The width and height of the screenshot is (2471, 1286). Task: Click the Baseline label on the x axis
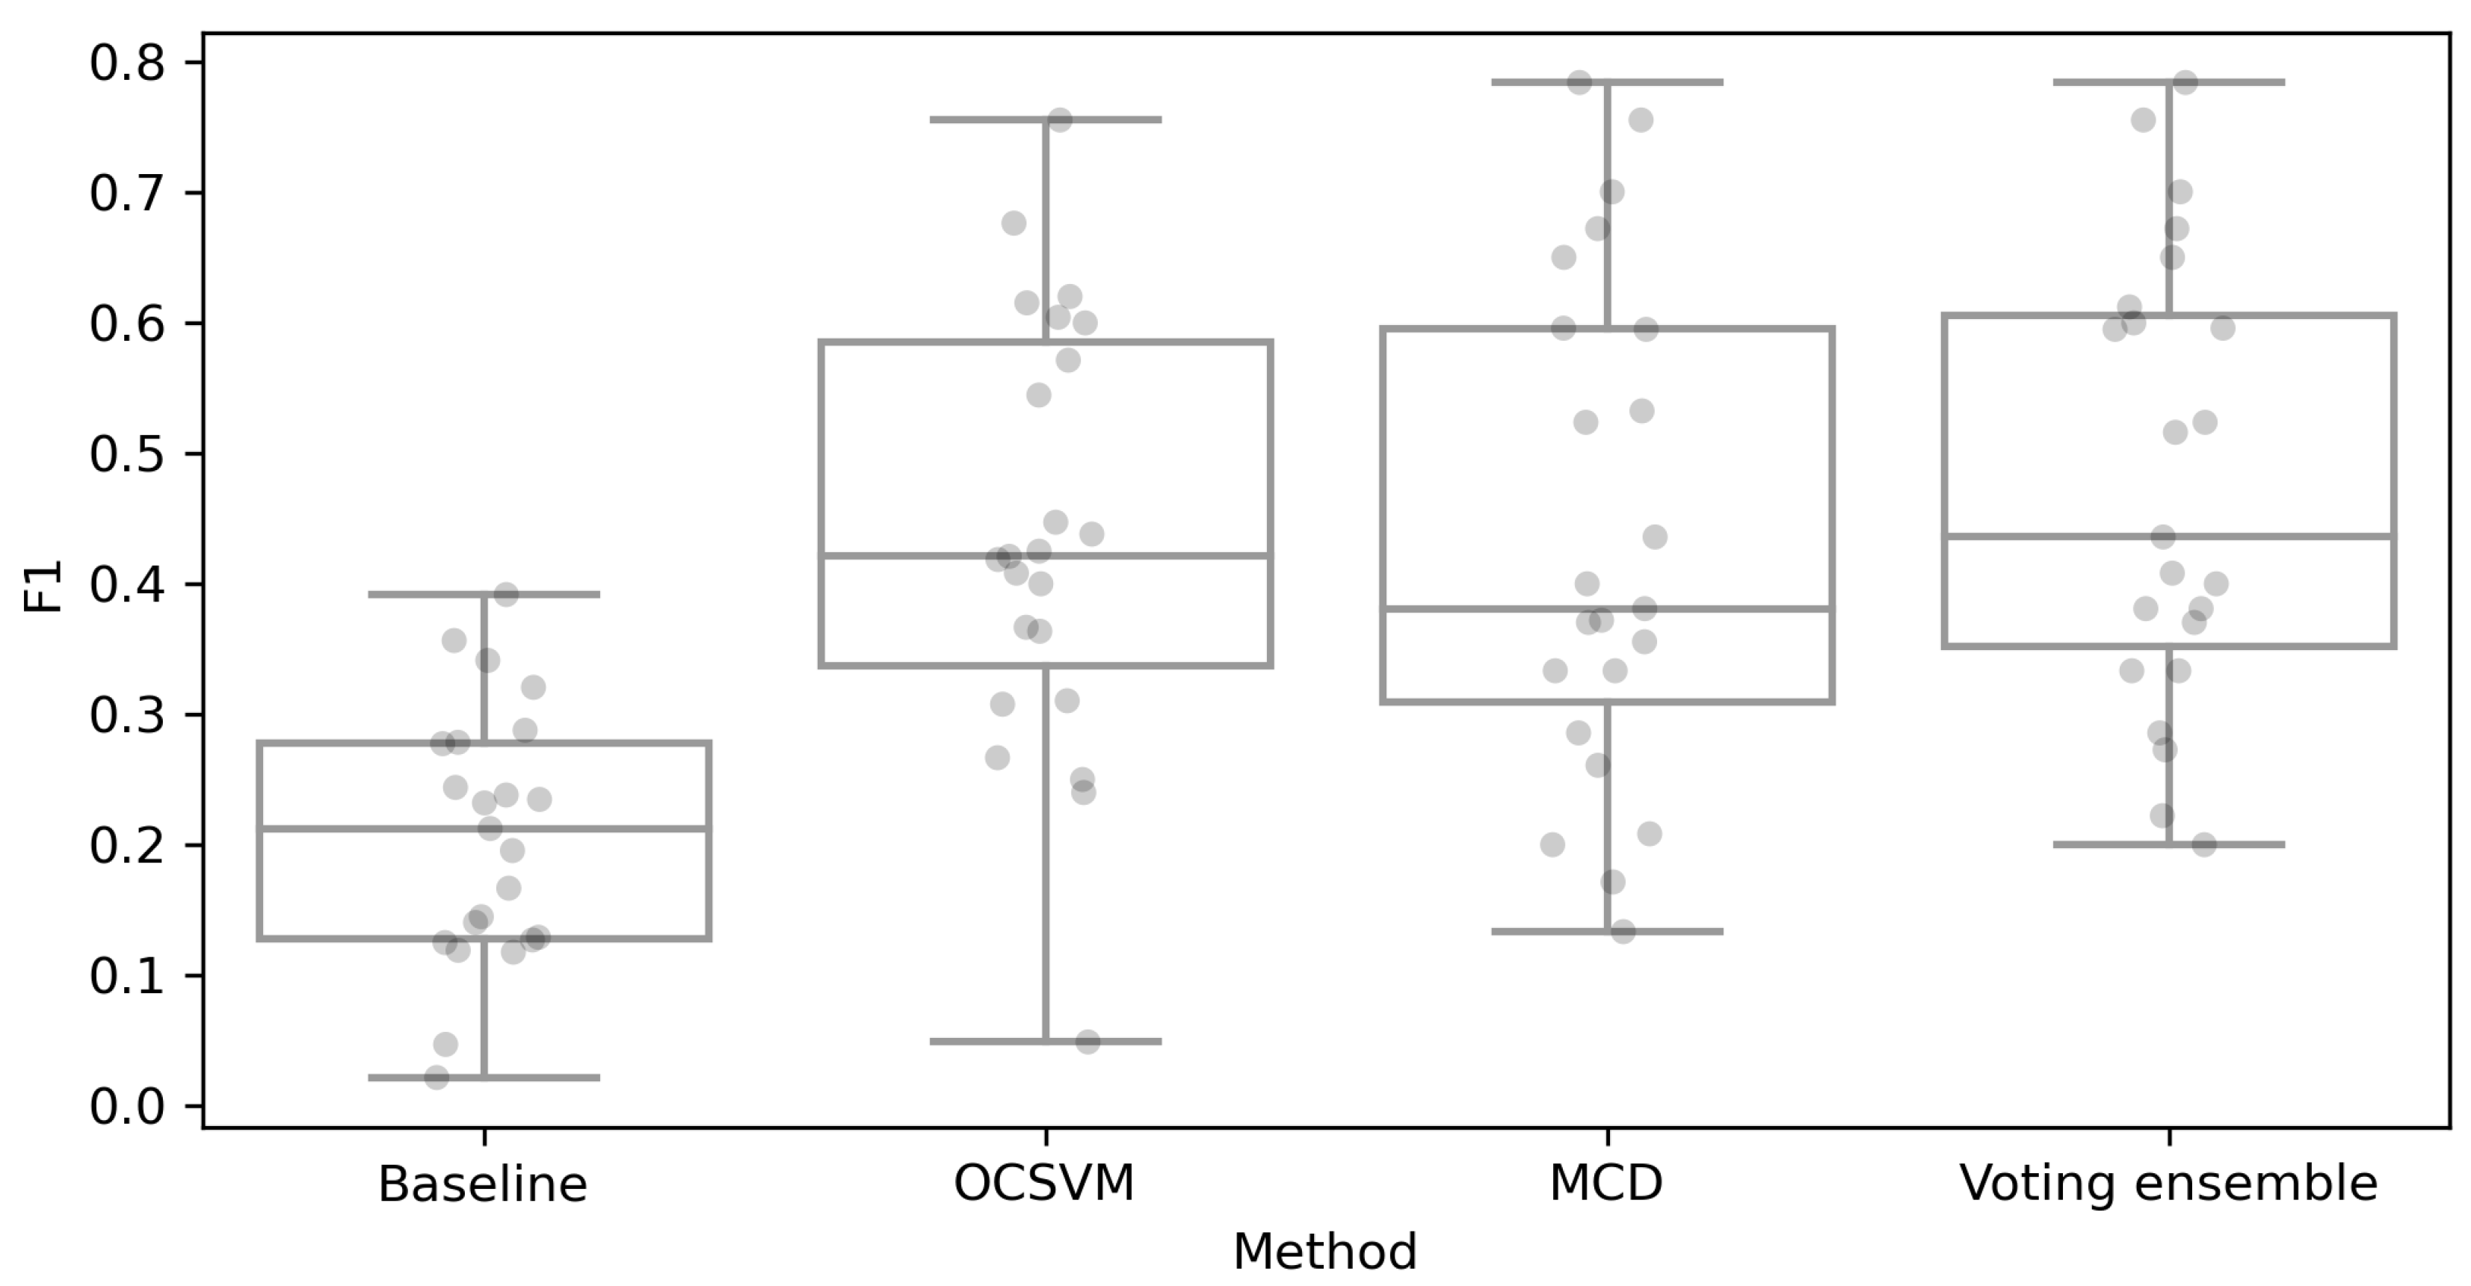[483, 1184]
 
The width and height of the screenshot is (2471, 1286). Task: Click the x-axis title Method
[1324, 1252]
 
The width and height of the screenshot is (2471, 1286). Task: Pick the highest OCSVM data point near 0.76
[1059, 120]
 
